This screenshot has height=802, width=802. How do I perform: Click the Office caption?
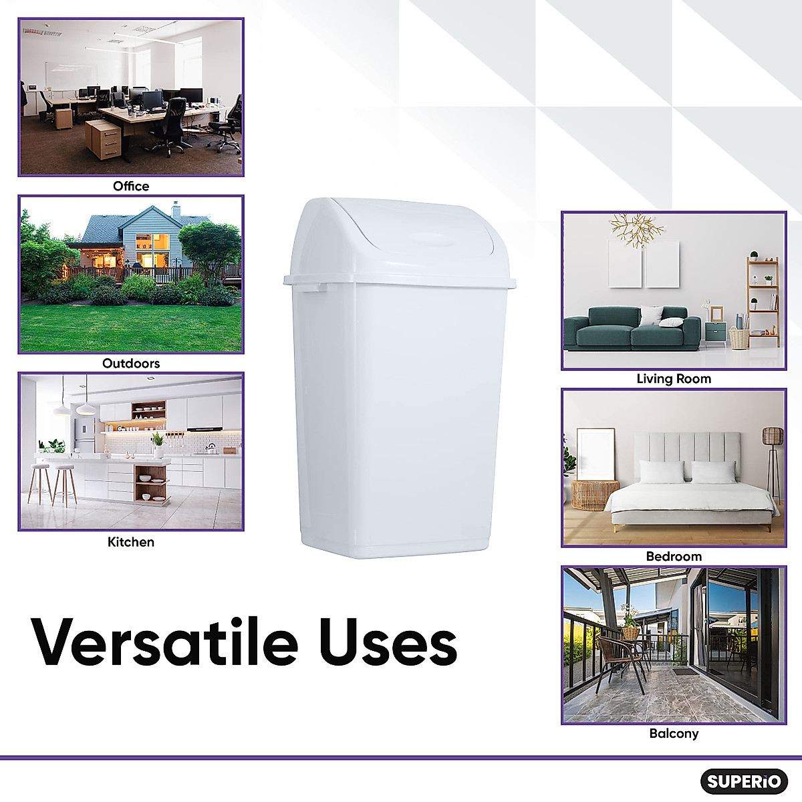tap(131, 186)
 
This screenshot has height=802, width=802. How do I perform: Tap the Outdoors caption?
tap(131, 364)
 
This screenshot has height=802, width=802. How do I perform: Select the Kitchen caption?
tap(131, 542)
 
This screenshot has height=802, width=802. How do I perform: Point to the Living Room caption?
tap(674, 379)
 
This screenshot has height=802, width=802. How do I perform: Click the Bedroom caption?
tap(674, 557)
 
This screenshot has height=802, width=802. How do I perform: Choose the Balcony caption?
tap(674, 734)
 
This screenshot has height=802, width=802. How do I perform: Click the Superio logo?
tap(744, 781)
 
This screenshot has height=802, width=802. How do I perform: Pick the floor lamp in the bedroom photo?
tap(773, 454)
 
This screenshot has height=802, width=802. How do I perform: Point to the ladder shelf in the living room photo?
tap(763, 301)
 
